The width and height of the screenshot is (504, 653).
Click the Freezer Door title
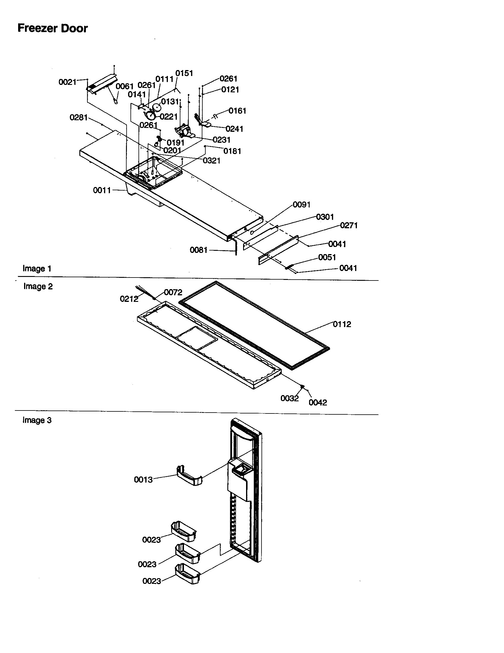tap(53, 28)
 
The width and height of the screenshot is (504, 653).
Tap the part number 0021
tap(67, 82)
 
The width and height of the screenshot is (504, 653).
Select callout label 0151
tap(184, 73)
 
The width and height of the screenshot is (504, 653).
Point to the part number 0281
tap(78, 118)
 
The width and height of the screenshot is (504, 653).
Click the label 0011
tap(102, 190)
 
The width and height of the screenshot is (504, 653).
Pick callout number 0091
tap(301, 205)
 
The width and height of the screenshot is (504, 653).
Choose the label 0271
tap(349, 226)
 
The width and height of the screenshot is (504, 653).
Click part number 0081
tap(199, 250)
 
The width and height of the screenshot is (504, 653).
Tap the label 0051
tap(327, 257)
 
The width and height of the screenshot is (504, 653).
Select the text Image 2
tap(38, 286)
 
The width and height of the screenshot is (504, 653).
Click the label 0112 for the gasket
tap(342, 324)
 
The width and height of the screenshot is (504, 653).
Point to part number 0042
tap(318, 402)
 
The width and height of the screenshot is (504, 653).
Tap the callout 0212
tap(129, 299)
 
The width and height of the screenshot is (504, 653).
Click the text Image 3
tap(37, 420)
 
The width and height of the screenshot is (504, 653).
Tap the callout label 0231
tap(221, 140)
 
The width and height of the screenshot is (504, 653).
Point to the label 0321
tap(212, 161)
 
